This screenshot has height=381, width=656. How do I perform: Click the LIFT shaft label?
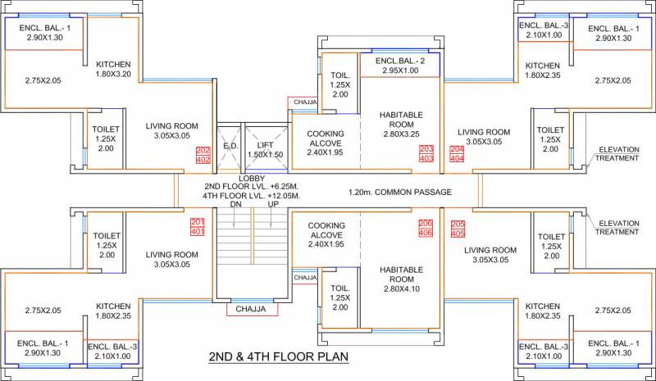click(265, 150)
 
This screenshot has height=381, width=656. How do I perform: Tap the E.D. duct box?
click(230, 147)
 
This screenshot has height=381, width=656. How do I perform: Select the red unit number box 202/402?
click(203, 155)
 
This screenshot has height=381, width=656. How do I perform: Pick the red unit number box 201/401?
click(198, 227)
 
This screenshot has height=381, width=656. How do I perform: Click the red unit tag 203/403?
click(426, 153)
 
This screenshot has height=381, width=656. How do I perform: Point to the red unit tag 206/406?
click(426, 228)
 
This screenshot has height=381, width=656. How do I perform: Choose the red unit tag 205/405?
click(458, 229)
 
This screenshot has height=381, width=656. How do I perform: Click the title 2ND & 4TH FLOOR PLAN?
click(279, 356)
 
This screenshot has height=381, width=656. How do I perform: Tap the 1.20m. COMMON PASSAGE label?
click(400, 192)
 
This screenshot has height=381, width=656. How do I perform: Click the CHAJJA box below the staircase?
click(252, 309)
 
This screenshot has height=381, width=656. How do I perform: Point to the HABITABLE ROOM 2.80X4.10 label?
click(401, 279)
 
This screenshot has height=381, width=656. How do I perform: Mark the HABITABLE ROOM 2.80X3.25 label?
click(401, 125)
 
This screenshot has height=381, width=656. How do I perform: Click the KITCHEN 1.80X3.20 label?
click(113, 69)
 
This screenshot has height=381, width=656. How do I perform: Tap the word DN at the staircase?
click(235, 204)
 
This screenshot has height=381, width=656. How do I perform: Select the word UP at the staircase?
click(273, 204)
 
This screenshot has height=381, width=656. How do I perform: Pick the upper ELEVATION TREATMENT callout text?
click(617, 153)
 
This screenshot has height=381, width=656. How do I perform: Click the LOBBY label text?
click(252, 179)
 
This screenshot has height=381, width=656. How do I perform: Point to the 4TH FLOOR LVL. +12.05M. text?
click(253, 195)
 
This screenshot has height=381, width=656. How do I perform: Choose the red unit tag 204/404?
click(457, 153)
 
